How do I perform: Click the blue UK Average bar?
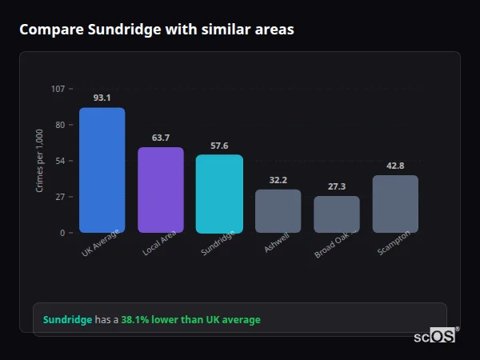pos(102,170)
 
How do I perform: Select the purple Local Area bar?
pos(161,190)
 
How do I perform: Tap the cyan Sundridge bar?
pos(219,194)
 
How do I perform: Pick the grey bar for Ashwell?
pos(278,211)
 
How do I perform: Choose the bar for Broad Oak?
pos(337,214)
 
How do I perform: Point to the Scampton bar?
pos(395,204)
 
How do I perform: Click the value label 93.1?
pos(102,98)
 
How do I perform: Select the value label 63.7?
pos(161,138)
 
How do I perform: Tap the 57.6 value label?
pos(219,146)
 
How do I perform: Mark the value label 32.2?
pos(278,180)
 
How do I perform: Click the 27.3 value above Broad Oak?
pos(337,186)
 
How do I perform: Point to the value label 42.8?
pos(395,166)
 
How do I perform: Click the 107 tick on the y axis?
pos(58,89)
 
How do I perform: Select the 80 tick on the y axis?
pos(61,125)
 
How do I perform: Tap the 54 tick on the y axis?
pos(61,161)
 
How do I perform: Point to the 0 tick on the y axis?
pos(62,233)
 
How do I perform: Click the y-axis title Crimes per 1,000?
pos(40,160)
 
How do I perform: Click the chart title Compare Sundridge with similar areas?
pos(156,30)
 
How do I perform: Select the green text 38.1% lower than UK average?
pos(190,320)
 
